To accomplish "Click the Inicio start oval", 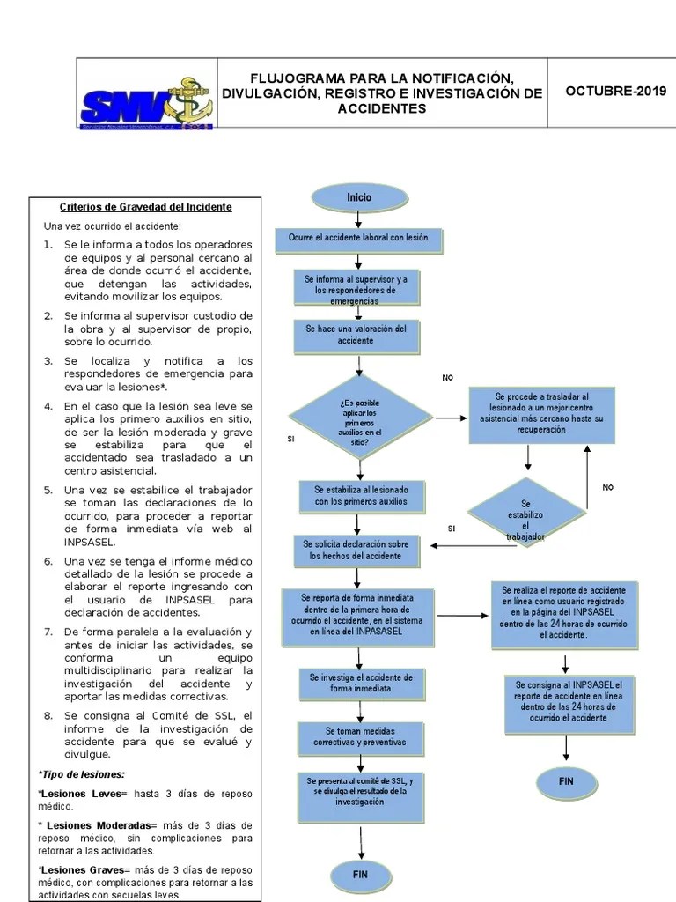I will click(x=359, y=197).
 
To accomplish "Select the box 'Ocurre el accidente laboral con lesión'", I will click(x=359, y=239).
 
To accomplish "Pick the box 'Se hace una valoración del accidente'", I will click(x=356, y=335).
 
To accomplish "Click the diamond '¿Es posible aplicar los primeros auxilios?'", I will click(x=360, y=417).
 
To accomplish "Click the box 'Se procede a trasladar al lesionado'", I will click(x=542, y=414).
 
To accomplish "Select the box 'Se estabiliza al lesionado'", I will click(x=356, y=495).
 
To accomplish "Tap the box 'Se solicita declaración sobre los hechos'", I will click(x=356, y=551).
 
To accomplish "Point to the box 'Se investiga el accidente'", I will click(x=359, y=684).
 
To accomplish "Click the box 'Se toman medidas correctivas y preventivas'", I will click(x=359, y=737).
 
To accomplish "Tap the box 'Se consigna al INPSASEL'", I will click(x=568, y=705).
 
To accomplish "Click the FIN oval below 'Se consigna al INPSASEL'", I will click(x=566, y=781).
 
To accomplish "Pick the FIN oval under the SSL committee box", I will click(x=360, y=875).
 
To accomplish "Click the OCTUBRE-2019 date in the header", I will click(x=615, y=92).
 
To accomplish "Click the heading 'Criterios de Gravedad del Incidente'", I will click(x=145, y=207).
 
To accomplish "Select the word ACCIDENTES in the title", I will click(x=382, y=109).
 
